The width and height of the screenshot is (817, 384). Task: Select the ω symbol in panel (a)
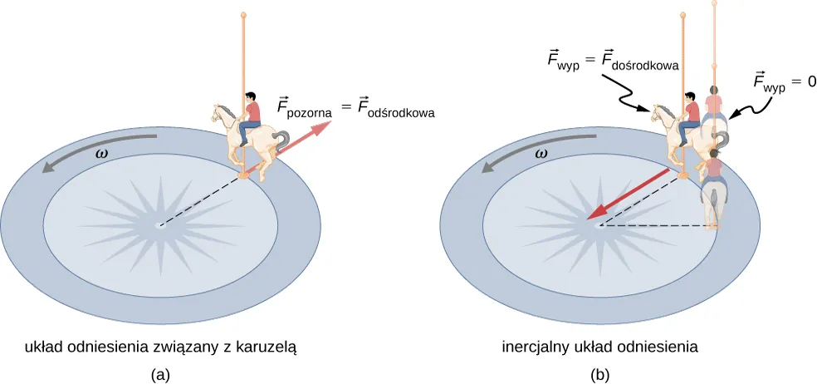[100, 154]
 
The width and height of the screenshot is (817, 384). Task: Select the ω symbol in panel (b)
[540, 154]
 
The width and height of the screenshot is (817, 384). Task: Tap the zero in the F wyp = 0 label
[810, 81]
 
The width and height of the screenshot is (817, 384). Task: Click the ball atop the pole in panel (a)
[243, 15]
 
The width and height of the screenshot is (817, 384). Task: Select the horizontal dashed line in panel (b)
[656, 225]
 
